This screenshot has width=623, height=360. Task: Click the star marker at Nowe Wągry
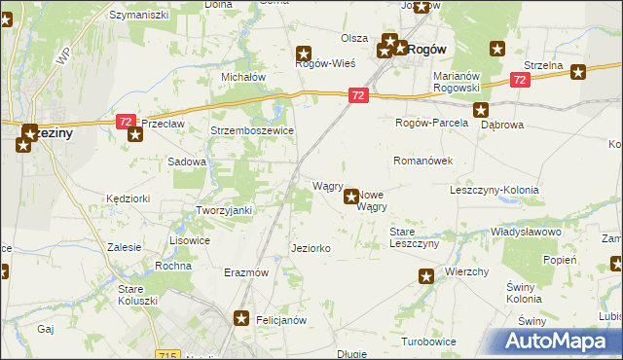coord(351,197)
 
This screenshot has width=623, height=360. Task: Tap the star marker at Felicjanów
coord(242,318)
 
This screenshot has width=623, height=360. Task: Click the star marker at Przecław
coord(134,133)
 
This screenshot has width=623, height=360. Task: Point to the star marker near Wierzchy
coord(425,277)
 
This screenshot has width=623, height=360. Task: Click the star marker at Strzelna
coord(578,71)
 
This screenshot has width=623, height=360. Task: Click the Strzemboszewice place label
coord(252,130)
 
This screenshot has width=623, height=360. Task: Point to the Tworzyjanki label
coord(225,211)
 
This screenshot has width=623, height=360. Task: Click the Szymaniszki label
coord(139,16)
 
